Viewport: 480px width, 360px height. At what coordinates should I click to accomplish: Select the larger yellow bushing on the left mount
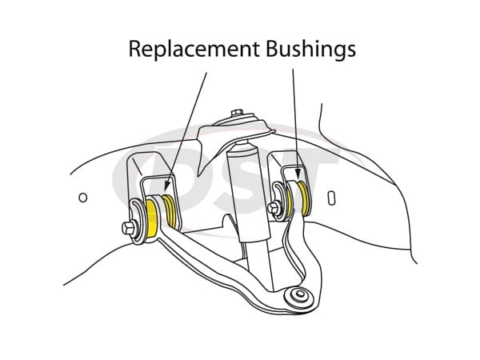tap(157, 218)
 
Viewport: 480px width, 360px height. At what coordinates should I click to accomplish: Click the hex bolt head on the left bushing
tap(129, 229)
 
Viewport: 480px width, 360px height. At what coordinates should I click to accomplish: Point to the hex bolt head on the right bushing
tap(272, 210)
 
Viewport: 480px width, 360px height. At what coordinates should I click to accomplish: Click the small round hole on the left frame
tap(82, 196)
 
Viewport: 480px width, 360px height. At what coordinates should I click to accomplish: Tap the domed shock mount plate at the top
tap(239, 129)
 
